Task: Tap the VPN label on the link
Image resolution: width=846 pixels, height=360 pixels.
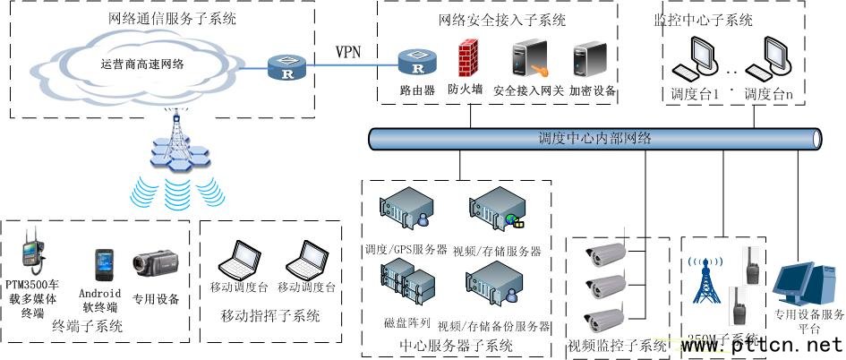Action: [348, 51]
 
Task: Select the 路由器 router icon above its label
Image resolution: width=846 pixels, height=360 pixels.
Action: [417, 63]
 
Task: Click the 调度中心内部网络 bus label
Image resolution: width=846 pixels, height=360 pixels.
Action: [594, 139]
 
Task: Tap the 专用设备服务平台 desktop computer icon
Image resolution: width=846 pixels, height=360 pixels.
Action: [800, 287]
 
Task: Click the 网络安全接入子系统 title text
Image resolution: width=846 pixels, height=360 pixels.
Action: [502, 20]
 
